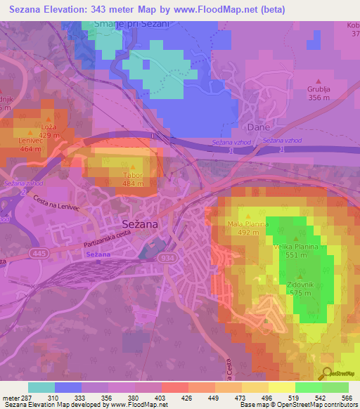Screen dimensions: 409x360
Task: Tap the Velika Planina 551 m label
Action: point(296,251)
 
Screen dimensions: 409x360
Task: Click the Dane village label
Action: point(258,127)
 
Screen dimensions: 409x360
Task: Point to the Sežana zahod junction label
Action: point(23,183)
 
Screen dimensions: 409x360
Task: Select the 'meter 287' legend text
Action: point(15,397)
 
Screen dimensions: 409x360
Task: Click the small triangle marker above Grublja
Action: point(319,81)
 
